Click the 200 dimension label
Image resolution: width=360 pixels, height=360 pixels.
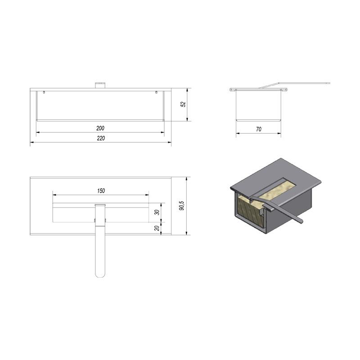100,128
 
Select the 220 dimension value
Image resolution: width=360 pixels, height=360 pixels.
101,138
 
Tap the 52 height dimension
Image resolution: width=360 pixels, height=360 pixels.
183,104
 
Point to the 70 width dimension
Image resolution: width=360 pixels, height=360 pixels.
258,129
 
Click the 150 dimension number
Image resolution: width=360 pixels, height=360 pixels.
101,191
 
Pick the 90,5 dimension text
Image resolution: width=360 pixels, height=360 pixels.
182,206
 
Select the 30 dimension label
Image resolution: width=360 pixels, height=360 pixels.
157,212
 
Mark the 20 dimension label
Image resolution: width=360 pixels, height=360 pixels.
157,228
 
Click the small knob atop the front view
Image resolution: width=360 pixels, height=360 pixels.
100,85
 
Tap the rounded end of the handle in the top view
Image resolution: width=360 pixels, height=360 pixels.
100,274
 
